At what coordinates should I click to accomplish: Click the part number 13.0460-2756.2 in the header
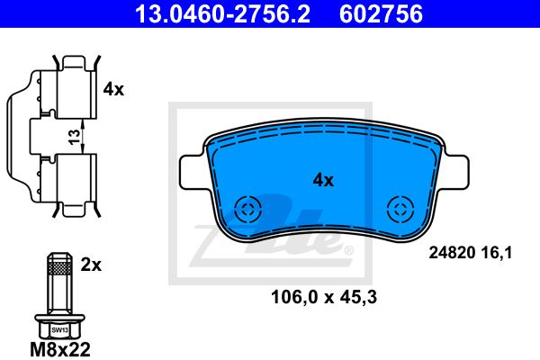tap(222, 13)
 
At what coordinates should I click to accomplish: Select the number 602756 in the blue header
tap(381, 13)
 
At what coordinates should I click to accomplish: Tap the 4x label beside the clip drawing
tap(113, 89)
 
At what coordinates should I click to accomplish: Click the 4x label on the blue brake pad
tap(323, 180)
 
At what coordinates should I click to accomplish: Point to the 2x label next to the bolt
tap(91, 265)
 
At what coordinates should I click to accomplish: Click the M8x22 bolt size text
tap(60, 349)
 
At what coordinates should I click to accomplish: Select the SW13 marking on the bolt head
tap(59, 330)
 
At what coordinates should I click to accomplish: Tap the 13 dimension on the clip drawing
tap(74, 137)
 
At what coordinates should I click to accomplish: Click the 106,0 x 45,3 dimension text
tap(324, 297)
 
